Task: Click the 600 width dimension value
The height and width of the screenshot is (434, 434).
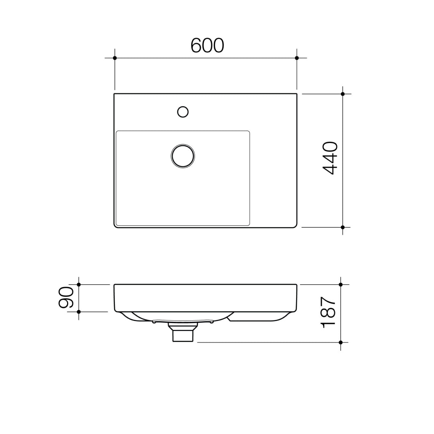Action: pos(207,45)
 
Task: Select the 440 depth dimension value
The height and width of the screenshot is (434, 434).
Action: pos(330,158)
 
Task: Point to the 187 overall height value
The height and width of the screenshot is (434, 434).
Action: pos(328,312)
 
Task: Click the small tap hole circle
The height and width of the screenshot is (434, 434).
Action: pos(183,112)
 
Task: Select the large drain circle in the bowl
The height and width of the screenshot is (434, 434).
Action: pos(183,156)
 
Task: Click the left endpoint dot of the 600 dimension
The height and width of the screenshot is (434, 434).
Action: pos(115,58)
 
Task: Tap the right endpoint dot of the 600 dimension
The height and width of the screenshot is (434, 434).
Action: pos(297,58)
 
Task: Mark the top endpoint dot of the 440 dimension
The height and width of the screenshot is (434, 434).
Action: pos(343,94)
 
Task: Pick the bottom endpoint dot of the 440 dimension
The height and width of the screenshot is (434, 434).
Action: pos(343,227)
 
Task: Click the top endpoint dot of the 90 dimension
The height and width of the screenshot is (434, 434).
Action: pos(79,285)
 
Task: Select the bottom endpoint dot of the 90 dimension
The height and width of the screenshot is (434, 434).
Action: pos(79,312)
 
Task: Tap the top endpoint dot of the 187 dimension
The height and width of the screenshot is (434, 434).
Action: pos(341,285)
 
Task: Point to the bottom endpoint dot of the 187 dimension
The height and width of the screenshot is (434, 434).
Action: pos(341,342)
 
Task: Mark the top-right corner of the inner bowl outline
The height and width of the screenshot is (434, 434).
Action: pos(249,132)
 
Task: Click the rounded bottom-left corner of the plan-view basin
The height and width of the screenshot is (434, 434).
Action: pos(116,226)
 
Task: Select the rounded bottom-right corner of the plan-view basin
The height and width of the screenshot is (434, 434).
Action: pos(295,226)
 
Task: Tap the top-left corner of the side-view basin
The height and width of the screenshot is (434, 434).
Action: pos(115,285)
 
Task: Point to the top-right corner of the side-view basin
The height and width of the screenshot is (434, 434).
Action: pos(297,285)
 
